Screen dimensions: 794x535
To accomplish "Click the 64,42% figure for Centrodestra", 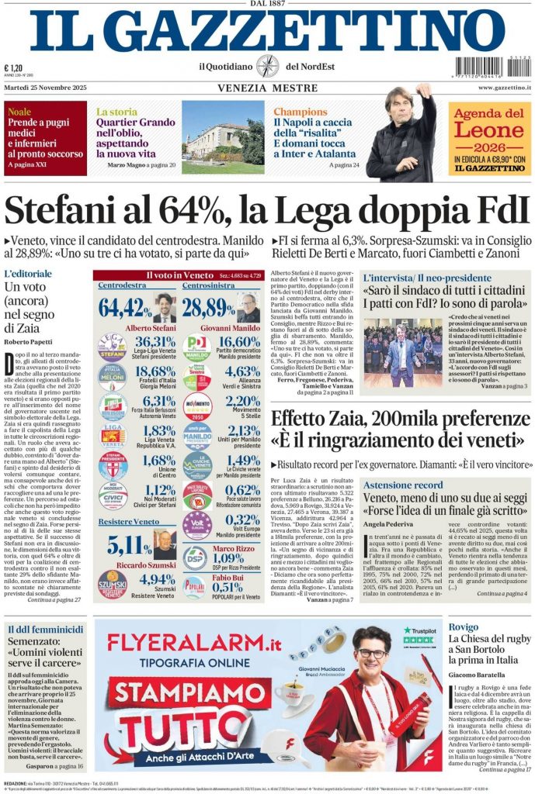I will [x=124, y=308].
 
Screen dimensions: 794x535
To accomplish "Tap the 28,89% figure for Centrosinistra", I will [x=208, y=308].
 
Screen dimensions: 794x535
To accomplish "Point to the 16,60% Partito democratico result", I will [x=239, y=342].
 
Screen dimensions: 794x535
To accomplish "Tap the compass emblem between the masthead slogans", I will [x=268, y=66].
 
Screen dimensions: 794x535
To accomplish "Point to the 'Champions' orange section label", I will [x=301, y=112].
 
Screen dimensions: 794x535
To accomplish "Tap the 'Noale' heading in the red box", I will [x=19, y=112].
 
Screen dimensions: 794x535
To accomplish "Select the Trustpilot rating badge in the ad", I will [x=419, y=635].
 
